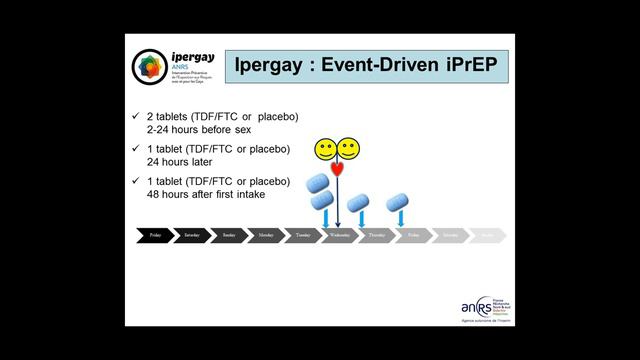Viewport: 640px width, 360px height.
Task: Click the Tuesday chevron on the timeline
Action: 303,236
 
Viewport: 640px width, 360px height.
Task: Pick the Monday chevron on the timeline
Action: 266,236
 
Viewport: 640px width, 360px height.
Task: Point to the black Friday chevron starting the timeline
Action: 155,236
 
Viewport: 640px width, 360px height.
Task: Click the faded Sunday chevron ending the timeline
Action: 487,236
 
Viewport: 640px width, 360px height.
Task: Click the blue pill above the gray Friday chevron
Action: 399,201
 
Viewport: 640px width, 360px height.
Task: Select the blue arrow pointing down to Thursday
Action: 362,217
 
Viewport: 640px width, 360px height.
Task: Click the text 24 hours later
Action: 176,160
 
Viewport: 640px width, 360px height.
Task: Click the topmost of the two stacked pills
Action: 317,183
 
